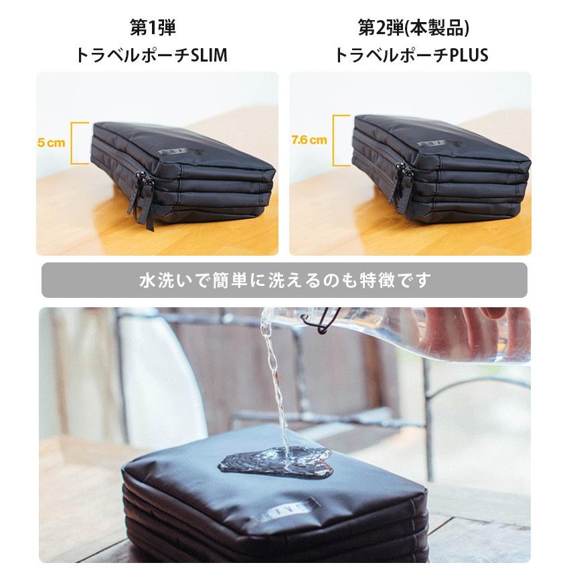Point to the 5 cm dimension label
point(51,143)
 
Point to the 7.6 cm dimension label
point(309,141)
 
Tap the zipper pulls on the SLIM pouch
point(143,197)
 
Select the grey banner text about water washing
point(284,280)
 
